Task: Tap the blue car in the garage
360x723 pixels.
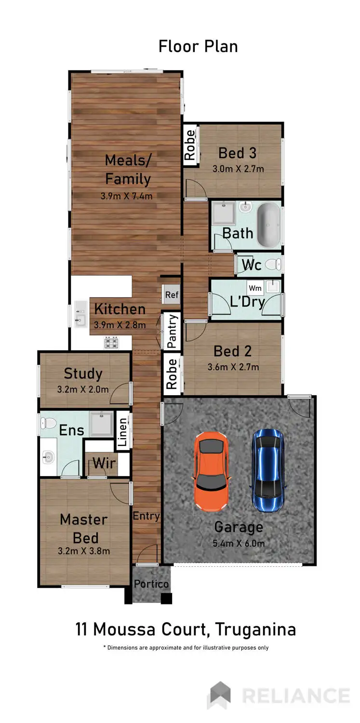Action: pos(268,469)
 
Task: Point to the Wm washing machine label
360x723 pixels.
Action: pos(255,288)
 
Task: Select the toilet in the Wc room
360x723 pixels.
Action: pos(273,264)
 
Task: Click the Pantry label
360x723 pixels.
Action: pos(172,331)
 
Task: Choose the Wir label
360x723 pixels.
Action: pos(104,463)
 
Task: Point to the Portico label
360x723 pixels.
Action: pos(151,584)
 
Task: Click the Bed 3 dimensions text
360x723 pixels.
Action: pos(238,169)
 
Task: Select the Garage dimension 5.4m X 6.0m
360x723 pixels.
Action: pos(239,544)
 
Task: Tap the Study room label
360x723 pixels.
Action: pos(83,374)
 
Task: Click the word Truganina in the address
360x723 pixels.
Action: pos(255,629)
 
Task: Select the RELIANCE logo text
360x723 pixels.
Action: pos(295,696)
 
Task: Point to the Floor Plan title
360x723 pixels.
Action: pos(198,46)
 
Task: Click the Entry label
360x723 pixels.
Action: pos(146,516)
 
